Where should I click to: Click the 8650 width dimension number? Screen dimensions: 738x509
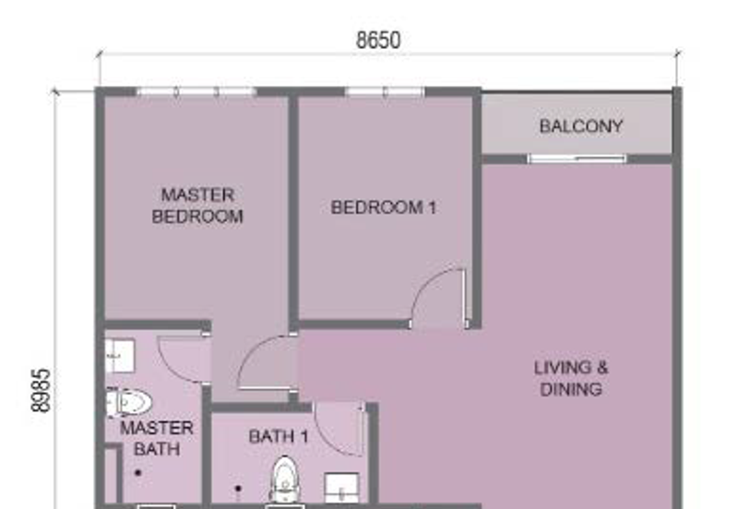tap(378, 41)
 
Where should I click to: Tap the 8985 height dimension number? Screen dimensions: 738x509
tap(41, 390)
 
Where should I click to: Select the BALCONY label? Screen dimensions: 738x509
tap(581, 126)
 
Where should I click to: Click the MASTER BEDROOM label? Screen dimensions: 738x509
tap(197, 206)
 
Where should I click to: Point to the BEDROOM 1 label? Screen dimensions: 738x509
tap(384, 207)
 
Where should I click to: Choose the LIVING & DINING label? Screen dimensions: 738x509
tap(571, 378)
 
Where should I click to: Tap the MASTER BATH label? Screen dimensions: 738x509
tap(157, 438)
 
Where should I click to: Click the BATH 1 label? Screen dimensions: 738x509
tap(279, 436)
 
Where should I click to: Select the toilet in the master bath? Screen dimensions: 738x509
tap(128, 403)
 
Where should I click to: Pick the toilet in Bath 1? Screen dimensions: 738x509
tap(284, 479)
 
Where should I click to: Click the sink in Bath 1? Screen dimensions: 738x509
tap(342, 488)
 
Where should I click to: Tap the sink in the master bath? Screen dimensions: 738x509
tap(120, 356)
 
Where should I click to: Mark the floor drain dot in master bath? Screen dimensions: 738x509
tap(138, 473)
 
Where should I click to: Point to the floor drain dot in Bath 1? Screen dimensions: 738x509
tap(238, 489)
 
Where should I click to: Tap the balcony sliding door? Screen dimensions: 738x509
tap(577, 159)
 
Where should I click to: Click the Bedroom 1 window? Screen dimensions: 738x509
tap(385, 91)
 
